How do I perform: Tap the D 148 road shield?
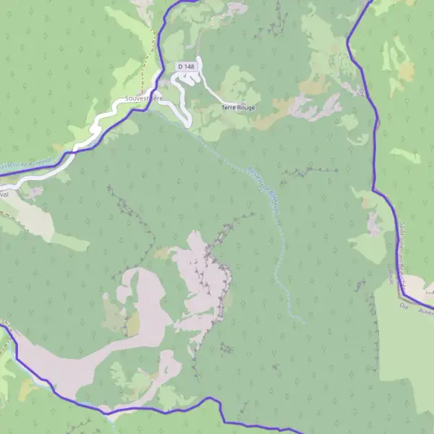click(x=187, y=67)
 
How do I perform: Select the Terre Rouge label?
click(x=238, y=107)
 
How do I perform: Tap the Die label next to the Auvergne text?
click(x=405, y=307)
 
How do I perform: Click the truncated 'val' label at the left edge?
click(x=4, y=195)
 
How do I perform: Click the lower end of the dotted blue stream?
click(x=299, y=319)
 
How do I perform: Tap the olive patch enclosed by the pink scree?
click(x=132, y=323)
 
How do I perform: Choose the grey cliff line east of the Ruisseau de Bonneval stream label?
click(x=310, y=171)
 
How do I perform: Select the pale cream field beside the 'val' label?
click(x=33, y=217)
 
